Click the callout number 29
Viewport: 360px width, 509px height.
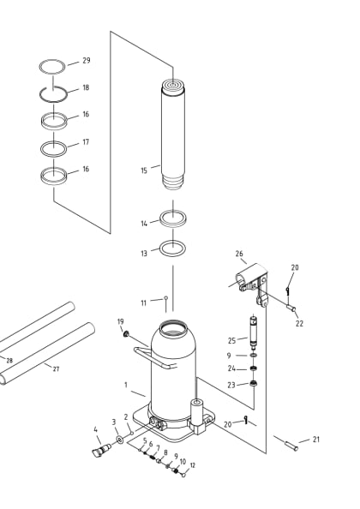(86, 61)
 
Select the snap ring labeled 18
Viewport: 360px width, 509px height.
(53, 93)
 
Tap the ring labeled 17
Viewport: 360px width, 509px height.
(53, 148)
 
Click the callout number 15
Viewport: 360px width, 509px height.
(144, 171)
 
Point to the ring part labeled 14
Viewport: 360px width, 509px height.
(173, 219)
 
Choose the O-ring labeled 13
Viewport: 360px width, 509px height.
(173, 249)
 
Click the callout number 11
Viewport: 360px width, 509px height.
(144, 302)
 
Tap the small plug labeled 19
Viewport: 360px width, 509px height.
(126, 333)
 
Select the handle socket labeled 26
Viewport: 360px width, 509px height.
(250, 279)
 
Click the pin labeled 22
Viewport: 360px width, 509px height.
(291, 308)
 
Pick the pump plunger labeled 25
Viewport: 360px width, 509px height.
(253, 331)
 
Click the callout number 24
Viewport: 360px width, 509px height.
(231, 368)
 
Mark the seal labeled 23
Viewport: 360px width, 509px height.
(253, 383)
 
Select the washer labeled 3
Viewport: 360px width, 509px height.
(118, 440)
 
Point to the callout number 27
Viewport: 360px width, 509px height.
(56, 368)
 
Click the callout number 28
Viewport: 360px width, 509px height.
(9, 361)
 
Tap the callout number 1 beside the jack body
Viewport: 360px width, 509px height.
(125, 385)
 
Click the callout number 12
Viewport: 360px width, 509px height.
(193, 465)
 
